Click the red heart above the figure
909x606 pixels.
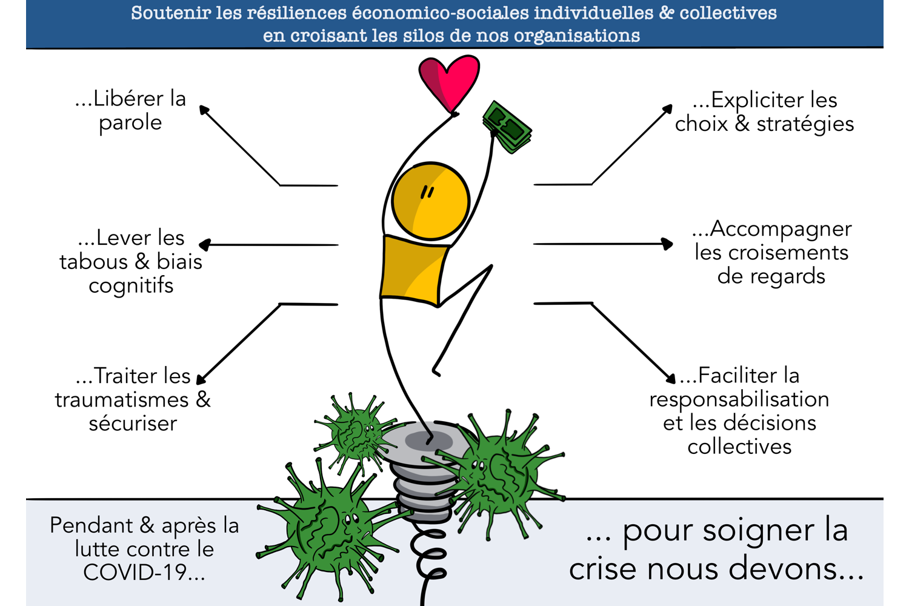pyautogui.click(x=449, y=81)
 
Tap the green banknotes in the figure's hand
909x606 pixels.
pyautogui.click(x=507, y=127)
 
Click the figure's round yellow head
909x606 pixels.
pyautogui.click(x=430, y=201)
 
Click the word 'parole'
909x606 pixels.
pyautogui.click(x=130, y=123)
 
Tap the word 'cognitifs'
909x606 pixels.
pyautogui.click(x=131, y=285)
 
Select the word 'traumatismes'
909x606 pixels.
pyautogui.click(x=122, y=400)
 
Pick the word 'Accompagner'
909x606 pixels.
pyautogui.click(x=780, y=229)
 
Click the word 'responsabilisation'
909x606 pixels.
pyautogui.click(x=739, y=399)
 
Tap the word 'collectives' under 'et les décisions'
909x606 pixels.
pyautogui.click(x=739, y=447)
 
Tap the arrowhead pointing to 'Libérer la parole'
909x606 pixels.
pyautogui.click(x=204, y=110)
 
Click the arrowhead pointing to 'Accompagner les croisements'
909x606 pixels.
pyautogui.click(x=667, y=244)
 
